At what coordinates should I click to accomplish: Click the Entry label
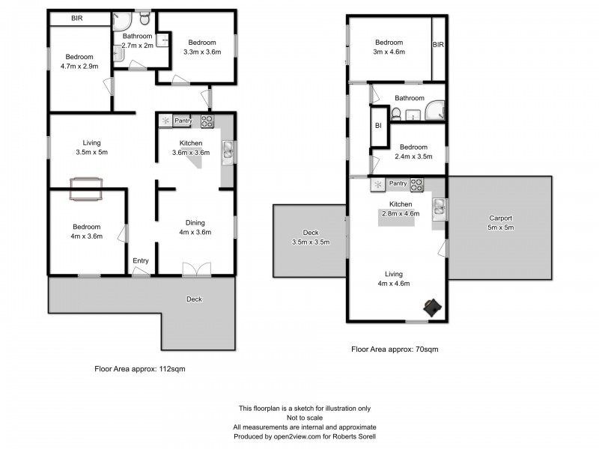[x=141, y=260]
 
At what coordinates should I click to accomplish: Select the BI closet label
[x=379, y=126]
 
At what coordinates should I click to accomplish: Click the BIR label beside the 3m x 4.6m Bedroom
[x=438, y=45]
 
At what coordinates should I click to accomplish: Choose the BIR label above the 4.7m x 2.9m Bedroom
[x=77, y=18]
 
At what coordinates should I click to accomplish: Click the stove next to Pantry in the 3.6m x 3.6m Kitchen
[x=207, y=120]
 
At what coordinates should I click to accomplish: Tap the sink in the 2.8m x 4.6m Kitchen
[x=440, y=206]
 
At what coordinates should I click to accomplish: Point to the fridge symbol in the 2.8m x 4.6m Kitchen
[x=378, y=183]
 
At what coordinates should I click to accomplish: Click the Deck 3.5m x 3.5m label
[x=310, y=236]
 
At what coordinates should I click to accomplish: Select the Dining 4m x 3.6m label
[x=195, y=227]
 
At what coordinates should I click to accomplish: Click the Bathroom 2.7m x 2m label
[x=138, y=41]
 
